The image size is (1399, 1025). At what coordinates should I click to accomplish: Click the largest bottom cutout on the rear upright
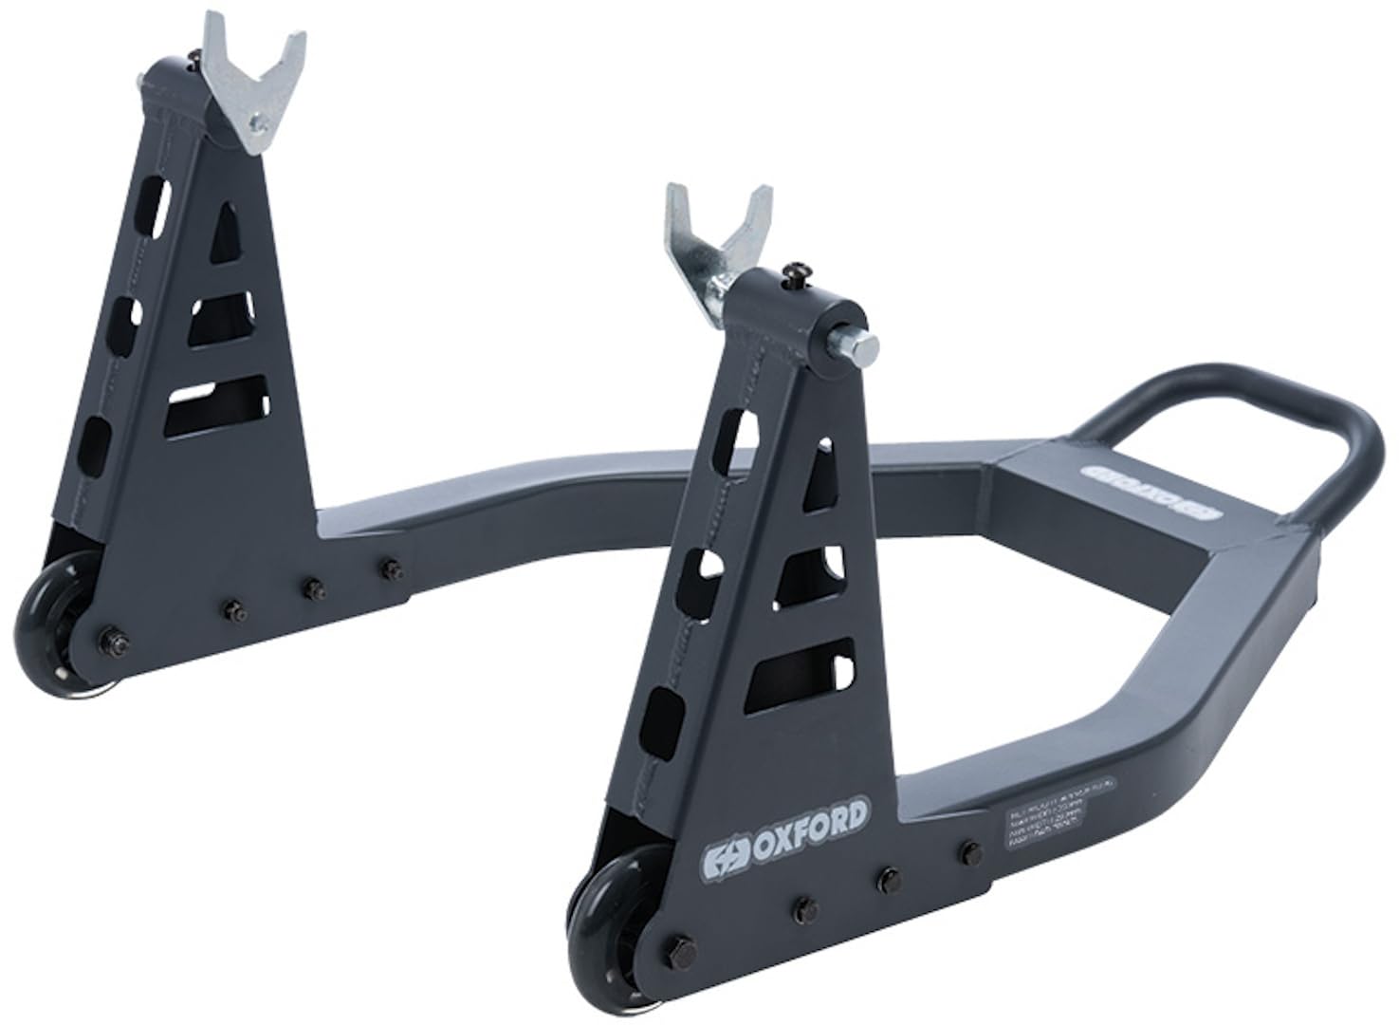click(212, 405)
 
